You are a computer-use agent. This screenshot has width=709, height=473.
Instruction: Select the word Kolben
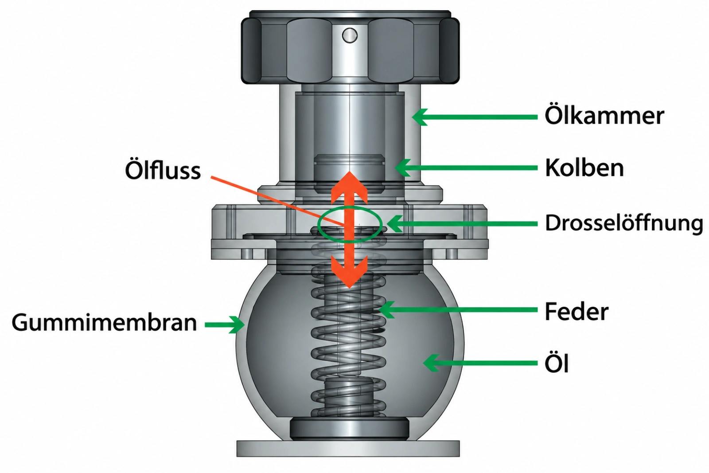pos(584,168)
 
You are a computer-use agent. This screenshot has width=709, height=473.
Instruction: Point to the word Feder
pos(577,312)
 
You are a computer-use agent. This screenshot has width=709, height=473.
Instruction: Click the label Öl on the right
pos(557,363)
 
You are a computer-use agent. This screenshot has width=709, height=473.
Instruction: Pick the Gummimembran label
pos(104,323)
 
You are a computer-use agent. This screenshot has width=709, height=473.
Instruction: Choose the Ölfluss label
pos(163,170)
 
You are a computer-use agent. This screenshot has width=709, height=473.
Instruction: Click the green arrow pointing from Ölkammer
pos(475,117)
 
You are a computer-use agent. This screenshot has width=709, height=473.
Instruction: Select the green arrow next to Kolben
pos(466,168)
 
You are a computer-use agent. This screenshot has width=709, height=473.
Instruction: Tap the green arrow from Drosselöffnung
pos(462,223)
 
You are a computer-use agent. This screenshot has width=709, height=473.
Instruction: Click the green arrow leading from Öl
pos(480,363)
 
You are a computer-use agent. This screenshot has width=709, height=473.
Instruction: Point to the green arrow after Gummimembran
pos(225,324)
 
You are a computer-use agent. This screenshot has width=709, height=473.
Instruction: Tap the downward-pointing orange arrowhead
pos(349,272)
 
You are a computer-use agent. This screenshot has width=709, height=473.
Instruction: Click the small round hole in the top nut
pos(350,35)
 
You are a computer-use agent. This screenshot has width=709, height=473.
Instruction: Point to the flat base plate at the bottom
pos(348,448)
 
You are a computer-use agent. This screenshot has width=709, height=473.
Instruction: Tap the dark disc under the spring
pos(349,428)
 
